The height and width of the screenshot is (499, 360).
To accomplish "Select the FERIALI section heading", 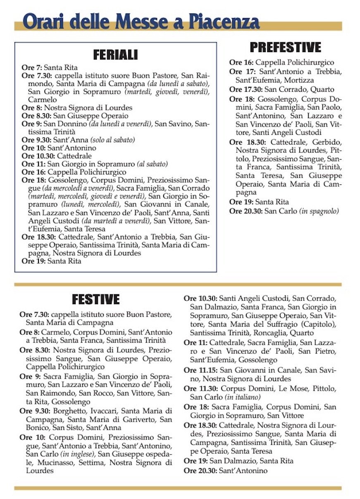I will pyautogui.click(x=115, y=55).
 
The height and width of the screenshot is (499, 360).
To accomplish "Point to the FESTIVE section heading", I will pyautogui.click(x=95, y=299).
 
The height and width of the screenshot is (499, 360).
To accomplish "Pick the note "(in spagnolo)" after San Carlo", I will pyautogui.click(x=319, y=211).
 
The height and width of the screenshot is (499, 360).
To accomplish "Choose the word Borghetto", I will pyautogui.click(x=68, y=411).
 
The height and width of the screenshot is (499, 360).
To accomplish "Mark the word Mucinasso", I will pyautogui.click(x=47, y=463).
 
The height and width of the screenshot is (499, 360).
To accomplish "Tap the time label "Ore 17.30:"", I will pyautogui.click(x=246, y=89).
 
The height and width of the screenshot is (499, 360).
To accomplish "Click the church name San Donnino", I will pyautogui.click(x=64, y=124).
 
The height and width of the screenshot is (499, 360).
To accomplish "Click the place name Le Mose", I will pyautogui.click(x=291, y=389).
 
